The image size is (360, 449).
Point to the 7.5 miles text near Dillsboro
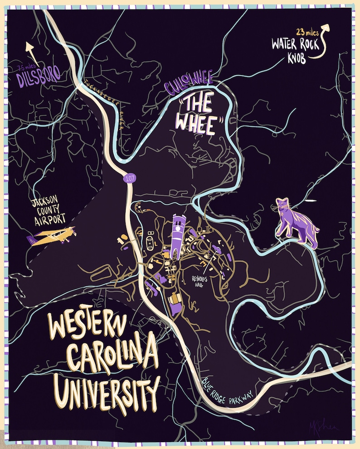click(x=25, y=68)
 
